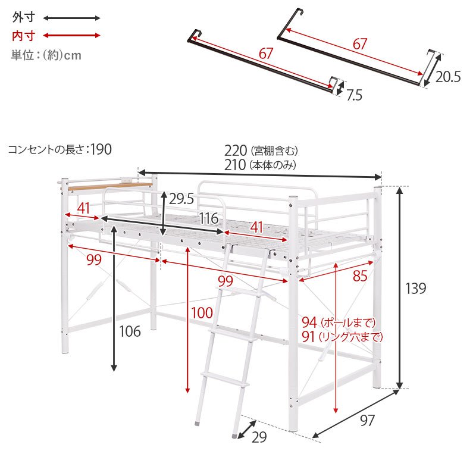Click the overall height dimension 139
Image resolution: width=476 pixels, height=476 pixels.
[415, 288]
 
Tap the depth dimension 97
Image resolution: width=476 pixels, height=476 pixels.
[367, 421]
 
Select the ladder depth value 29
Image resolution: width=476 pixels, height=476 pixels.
[259, 437]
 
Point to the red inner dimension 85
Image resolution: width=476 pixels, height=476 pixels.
[360, 276]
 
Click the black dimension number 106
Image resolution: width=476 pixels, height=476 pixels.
[130, 331]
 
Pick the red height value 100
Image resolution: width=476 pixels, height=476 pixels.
[202, 313]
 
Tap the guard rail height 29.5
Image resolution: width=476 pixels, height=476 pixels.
[181, 199]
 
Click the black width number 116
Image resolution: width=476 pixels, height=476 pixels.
[209, 218]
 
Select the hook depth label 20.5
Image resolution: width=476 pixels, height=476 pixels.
[448, 77]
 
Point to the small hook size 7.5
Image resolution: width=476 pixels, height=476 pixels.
[354, 95]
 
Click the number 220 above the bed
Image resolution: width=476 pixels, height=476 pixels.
[236, 151]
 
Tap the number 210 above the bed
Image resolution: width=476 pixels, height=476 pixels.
[235, 165]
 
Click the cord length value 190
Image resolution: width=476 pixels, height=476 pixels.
[101, 149]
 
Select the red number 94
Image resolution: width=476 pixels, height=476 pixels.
[309, 322]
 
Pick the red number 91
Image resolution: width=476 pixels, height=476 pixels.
[308, 337]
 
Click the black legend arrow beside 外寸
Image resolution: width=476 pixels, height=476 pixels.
[71, 18]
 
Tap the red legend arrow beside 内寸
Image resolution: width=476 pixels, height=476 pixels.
[71, 36]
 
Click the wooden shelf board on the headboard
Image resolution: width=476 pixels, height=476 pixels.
[111, 186]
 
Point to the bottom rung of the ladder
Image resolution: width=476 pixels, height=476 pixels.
[225, 380]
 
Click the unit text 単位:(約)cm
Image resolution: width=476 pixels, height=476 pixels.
[46, 55]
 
